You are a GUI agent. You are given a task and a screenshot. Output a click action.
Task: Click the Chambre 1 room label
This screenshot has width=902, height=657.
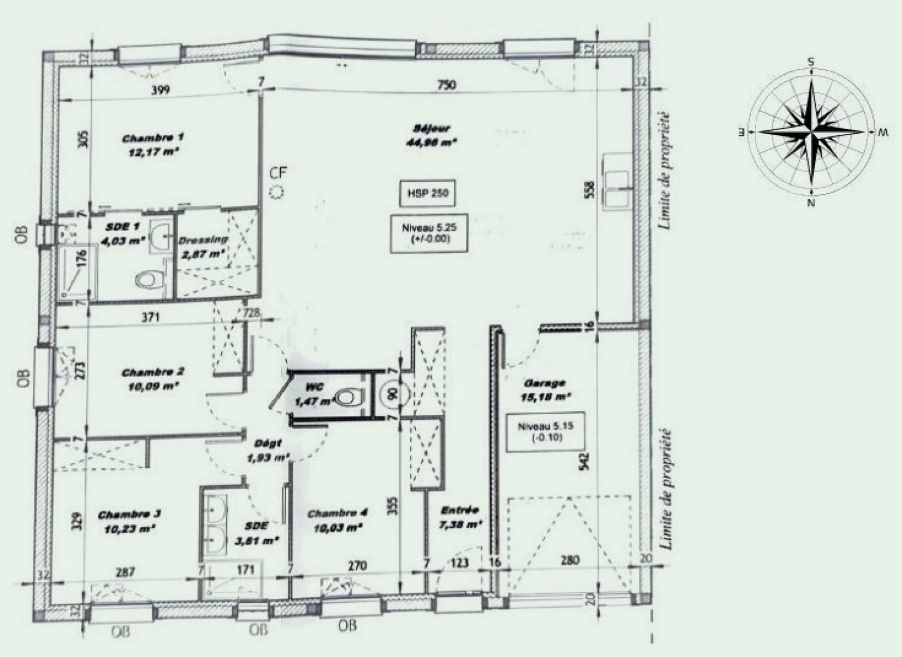tap(153, 145)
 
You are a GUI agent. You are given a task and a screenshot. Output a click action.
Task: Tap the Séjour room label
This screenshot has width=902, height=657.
tap(431, 135)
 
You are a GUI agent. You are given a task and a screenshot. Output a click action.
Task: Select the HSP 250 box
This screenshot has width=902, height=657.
tap(425, 194)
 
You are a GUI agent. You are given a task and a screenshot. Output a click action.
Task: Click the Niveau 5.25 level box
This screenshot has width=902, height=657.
tap(425, 234)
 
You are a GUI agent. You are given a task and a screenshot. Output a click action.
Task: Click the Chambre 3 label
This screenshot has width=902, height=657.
tap(129, 521)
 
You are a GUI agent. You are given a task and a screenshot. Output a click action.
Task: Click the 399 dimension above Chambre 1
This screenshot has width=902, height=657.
tap(161, 90)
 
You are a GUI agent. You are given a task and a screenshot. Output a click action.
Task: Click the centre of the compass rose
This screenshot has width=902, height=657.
tap(811, 131)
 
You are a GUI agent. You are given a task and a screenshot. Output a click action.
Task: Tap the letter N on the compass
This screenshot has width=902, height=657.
tap(811, 203)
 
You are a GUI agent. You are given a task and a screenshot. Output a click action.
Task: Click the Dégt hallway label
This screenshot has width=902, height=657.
tap(268, 450)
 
